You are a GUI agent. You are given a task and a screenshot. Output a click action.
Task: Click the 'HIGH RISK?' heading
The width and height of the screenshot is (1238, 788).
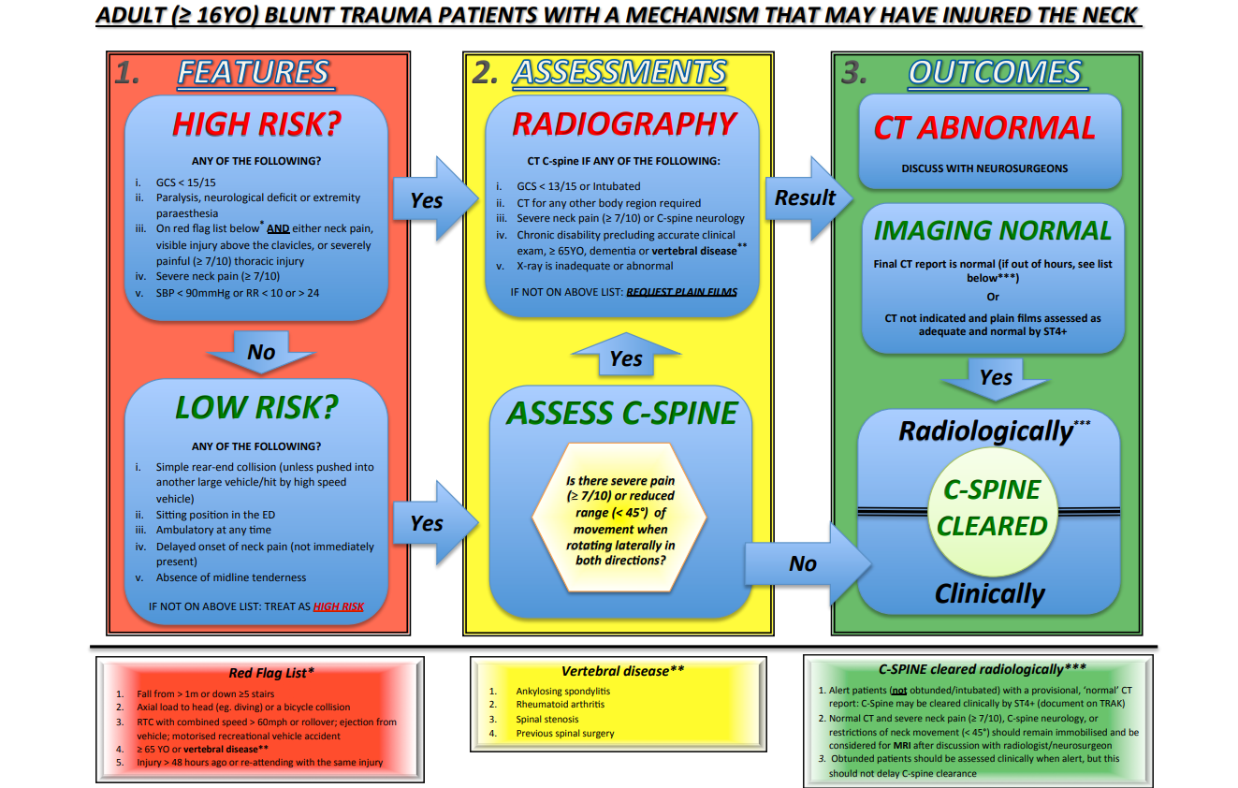point(255,124)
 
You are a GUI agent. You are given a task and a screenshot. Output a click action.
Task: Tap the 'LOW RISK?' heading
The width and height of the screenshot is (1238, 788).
point(255,407)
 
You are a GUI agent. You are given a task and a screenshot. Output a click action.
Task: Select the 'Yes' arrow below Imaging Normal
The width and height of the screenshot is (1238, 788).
point(995,378)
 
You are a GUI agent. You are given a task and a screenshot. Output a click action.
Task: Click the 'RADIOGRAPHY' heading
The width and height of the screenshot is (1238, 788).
point(624,124)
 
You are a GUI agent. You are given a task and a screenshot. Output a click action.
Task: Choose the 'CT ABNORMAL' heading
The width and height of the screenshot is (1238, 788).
point(984,128)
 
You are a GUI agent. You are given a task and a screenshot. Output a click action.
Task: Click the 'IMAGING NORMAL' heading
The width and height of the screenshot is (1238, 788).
point(992,230)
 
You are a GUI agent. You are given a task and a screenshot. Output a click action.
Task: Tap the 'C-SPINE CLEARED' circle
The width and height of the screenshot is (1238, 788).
point(992,508)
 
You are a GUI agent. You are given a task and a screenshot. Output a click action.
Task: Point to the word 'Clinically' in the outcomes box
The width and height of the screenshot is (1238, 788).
point(989,593)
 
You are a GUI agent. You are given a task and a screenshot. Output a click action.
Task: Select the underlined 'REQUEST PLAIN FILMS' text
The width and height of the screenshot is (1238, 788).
point(681,292)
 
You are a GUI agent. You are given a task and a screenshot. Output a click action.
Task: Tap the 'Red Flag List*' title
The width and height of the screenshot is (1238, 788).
point(271,673)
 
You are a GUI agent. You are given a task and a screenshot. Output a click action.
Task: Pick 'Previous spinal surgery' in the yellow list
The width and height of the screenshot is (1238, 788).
point(564,733)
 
